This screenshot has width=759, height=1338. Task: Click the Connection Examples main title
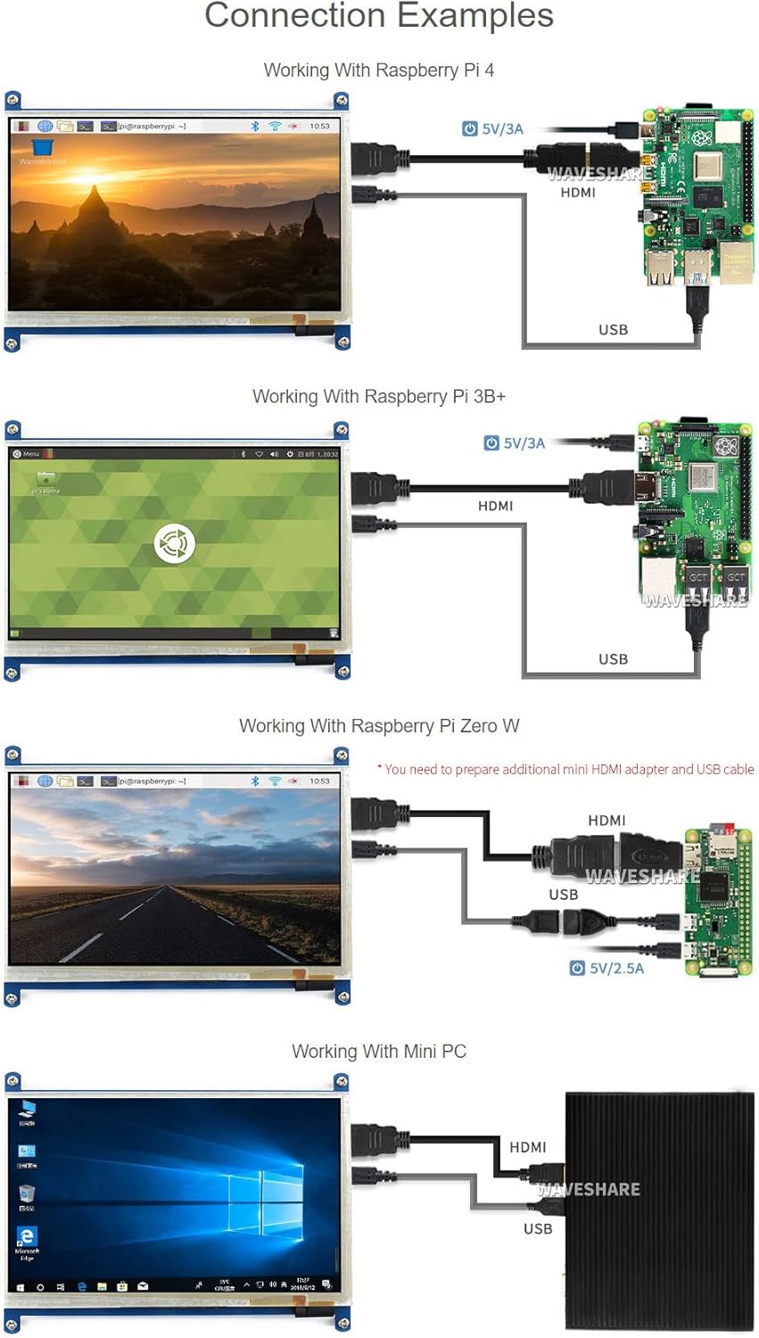(x=379, y=16)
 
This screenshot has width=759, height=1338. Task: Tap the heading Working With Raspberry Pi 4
(x=379, y=70)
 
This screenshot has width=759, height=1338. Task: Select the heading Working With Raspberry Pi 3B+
(x=379, y=396)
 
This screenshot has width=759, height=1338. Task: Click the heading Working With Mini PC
(x=379, y=1052)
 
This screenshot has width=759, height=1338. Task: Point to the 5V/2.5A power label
(x=616, y=968)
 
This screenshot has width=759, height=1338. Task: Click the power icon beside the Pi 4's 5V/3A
(x=470, y=128)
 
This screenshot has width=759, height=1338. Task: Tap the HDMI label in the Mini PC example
(x=527, y=1147)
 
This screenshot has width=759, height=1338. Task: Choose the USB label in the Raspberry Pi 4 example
(x=613, y=329)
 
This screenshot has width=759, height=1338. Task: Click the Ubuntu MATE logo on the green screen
(x=174, y=543)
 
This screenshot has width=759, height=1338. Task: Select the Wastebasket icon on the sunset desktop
(x=42, y=149)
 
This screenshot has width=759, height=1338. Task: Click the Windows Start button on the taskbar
(x=20, y=1287)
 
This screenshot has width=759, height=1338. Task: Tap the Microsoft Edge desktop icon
(x=27, y=1237)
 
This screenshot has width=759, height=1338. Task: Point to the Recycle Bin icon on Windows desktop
(x=27, y=1193)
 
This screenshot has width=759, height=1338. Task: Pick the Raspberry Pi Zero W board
(x=716, y=901)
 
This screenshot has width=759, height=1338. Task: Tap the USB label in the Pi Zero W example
(x=563, y=894)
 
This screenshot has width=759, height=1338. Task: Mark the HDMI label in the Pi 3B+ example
(x=495, y=506)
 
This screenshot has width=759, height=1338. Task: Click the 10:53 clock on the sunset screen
(x=319, y=126)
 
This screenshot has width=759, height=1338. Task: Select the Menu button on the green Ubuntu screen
(x=27, y=454)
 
